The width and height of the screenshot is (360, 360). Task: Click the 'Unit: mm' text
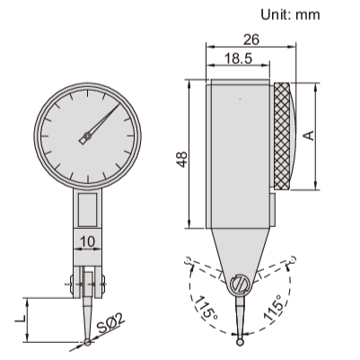click(x=289, y=15)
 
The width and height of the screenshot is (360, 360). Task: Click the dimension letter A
click(x=308, y=136)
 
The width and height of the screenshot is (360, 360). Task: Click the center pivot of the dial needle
click(x=86, y=137)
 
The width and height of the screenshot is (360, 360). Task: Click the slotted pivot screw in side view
click(x=240, y=284)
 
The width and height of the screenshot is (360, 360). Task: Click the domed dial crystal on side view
click(x=297, y=136)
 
